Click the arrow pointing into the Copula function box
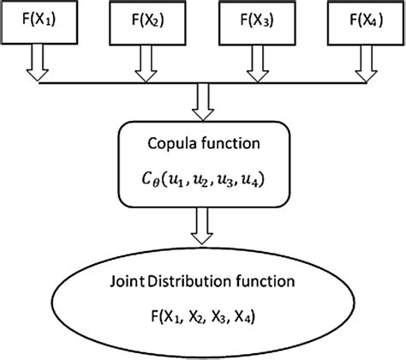coord(203,105)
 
